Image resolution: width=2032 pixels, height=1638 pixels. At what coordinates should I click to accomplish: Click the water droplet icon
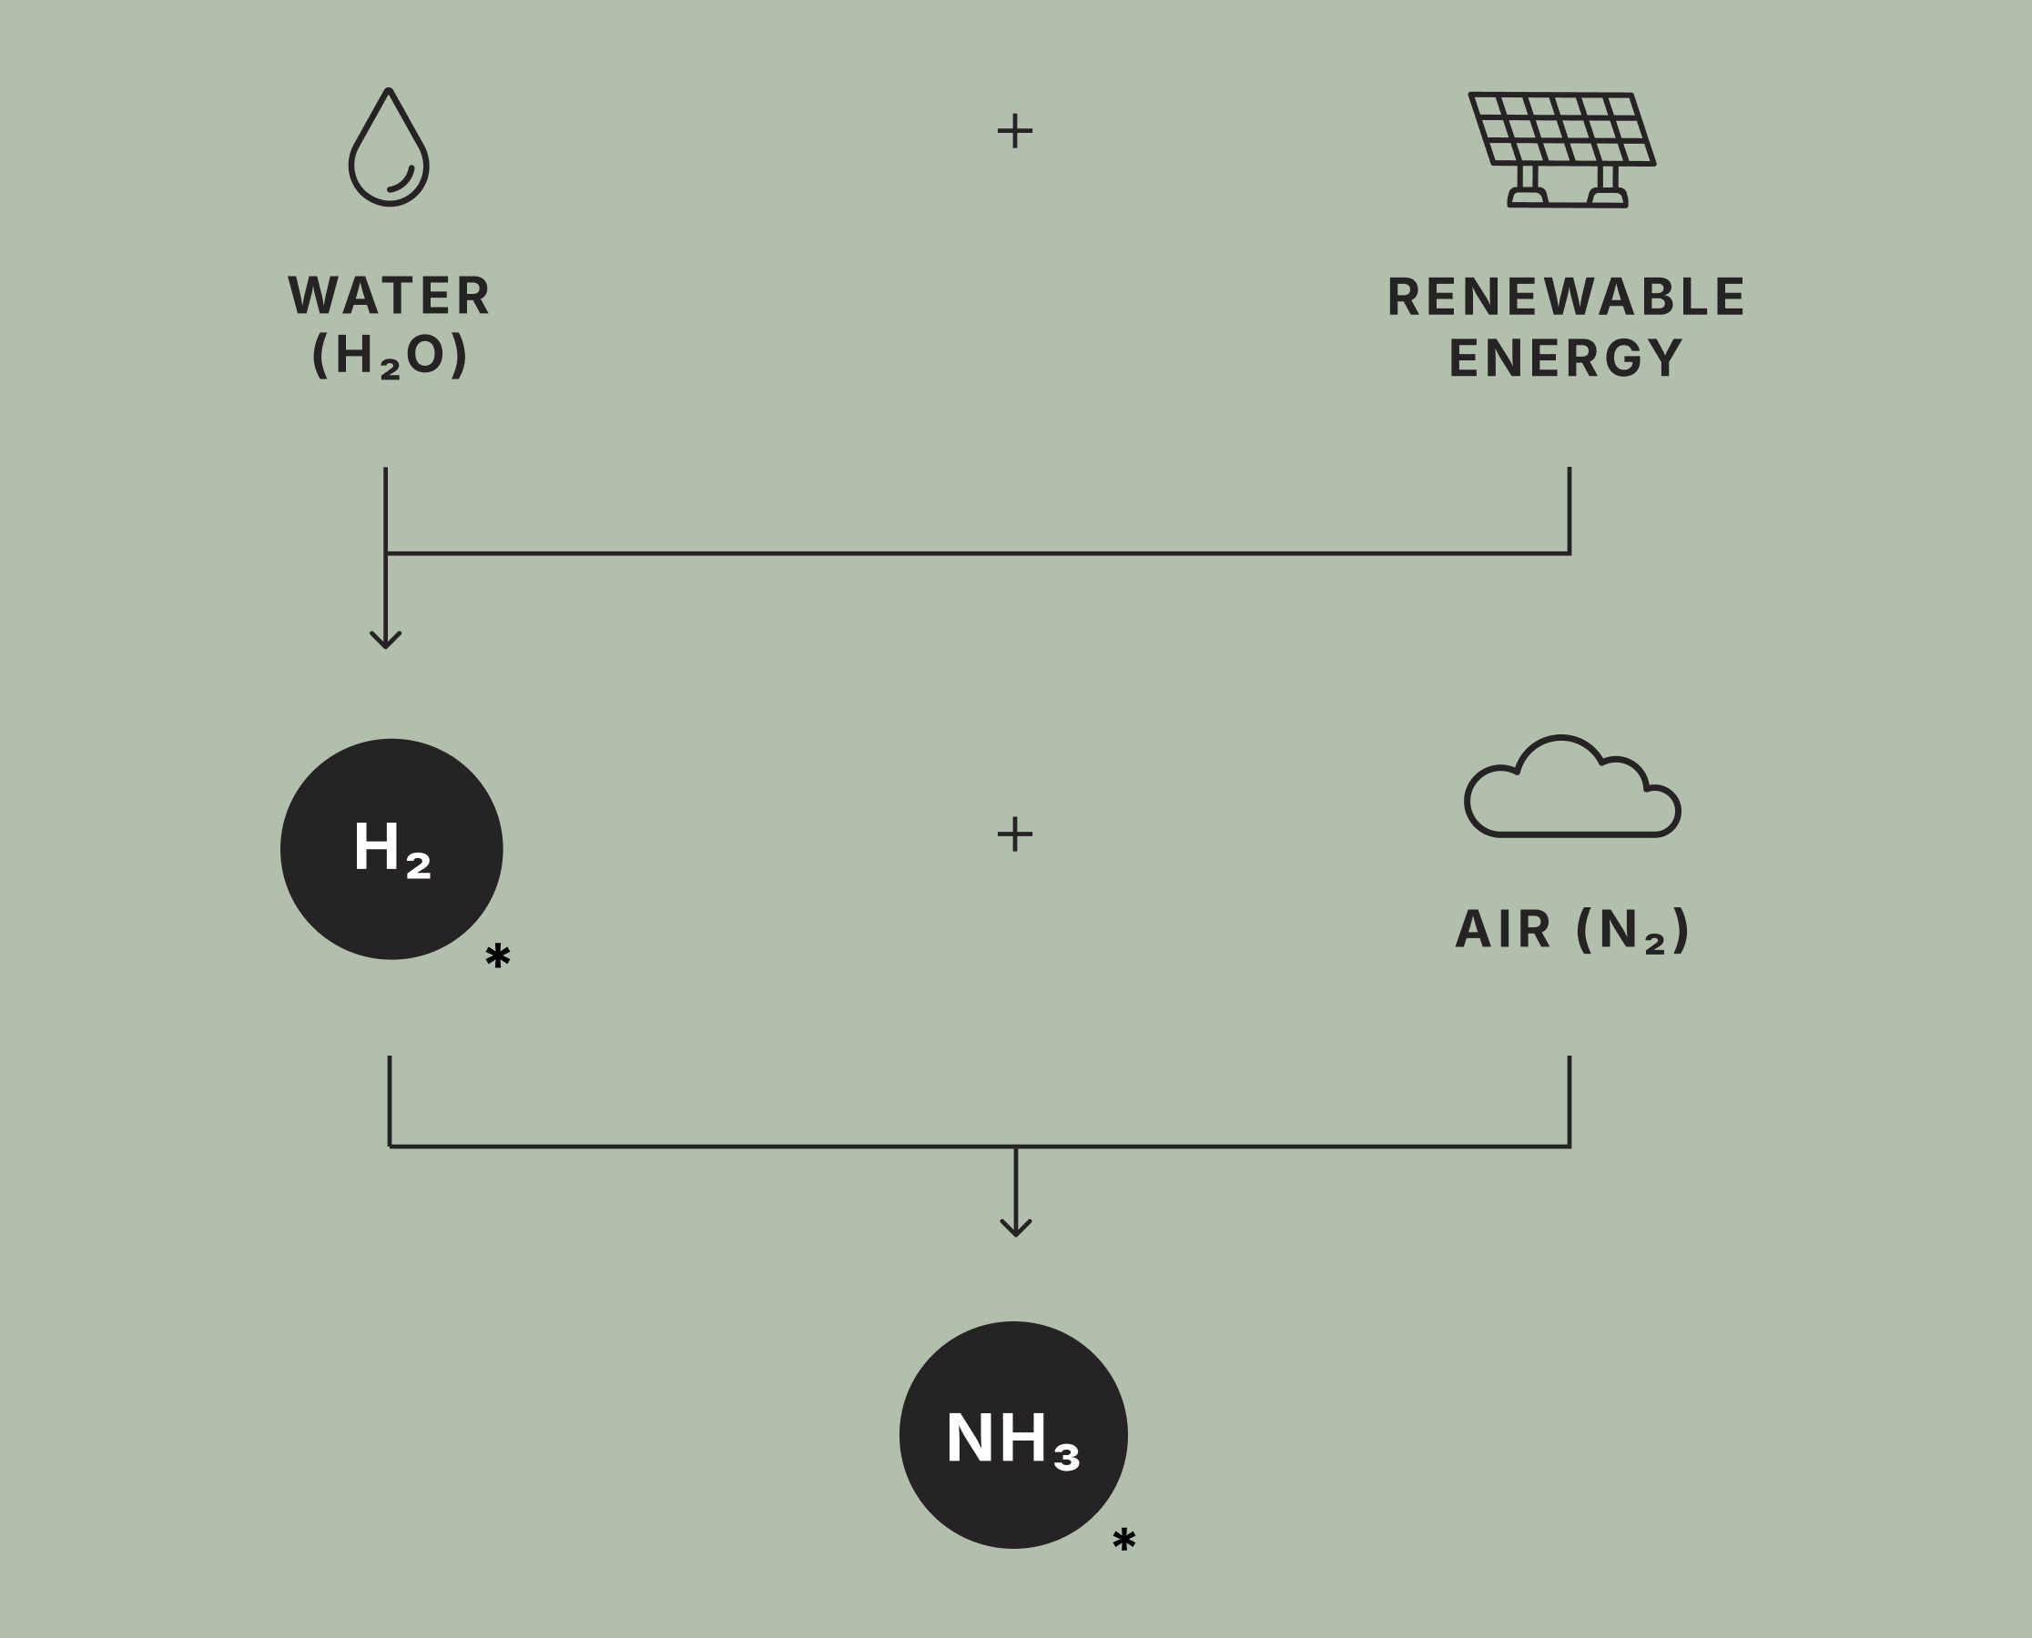(388, 149)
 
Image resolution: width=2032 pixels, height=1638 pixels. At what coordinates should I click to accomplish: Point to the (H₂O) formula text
(389, 356)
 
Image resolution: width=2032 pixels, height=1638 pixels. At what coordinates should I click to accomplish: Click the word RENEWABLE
(1566, 298)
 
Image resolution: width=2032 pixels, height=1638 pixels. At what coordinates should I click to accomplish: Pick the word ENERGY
(1566, 359)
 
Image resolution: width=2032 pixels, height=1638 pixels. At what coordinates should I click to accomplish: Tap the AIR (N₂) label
(1572, 930)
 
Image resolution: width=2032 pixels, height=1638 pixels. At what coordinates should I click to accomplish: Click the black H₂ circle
(391, 849)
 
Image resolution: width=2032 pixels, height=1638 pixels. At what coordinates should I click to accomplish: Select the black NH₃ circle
(1012, 1434)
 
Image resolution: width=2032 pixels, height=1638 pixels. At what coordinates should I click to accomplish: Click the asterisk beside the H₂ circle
(497, 955)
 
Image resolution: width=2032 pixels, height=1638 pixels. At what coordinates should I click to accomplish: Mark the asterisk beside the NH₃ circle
(1123, 1540)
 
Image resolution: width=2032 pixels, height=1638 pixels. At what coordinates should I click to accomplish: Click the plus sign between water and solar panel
(1014, 131)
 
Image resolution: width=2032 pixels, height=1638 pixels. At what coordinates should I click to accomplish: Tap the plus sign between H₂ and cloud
(1014, 834)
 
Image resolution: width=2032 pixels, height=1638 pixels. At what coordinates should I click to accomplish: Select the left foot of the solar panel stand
(1527, 197)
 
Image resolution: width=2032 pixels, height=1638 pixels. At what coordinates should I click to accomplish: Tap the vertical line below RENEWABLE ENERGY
(1570, 510)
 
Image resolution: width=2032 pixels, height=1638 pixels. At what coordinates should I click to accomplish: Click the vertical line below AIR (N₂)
(1570, 1100)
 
